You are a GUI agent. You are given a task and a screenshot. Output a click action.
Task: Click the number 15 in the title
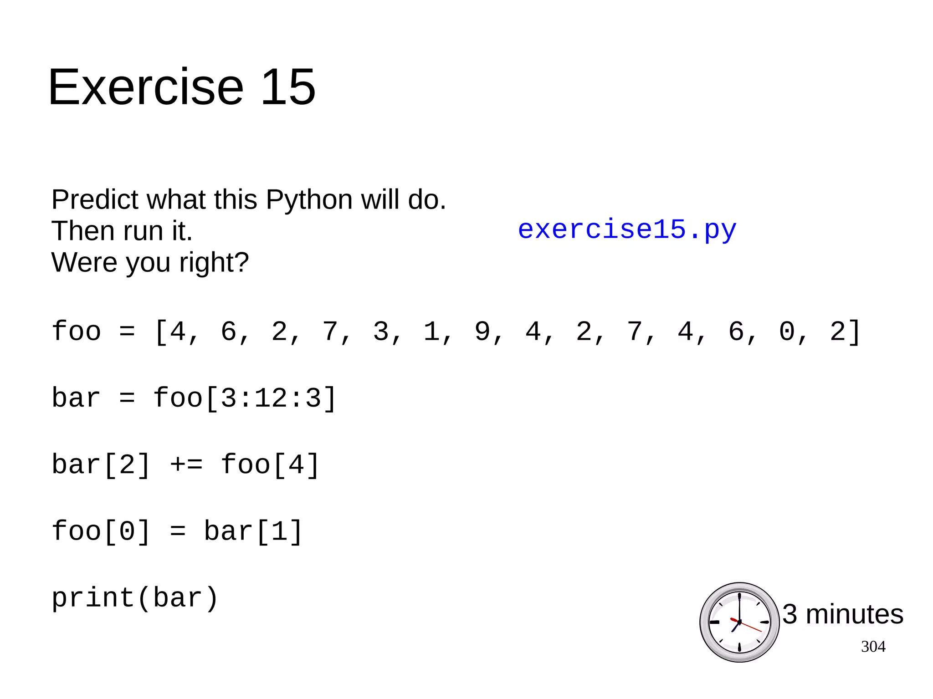[287, 87]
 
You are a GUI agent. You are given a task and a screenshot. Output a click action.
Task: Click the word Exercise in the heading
[146, 87]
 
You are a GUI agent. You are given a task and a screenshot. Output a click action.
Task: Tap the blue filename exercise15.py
[627, 230]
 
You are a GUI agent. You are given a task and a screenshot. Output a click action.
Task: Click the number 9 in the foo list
[482, 332]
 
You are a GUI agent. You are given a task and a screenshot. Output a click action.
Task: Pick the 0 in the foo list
[787, 332]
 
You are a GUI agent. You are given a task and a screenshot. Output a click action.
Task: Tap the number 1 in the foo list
[431, 332]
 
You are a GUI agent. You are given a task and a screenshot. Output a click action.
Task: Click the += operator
[186, 465]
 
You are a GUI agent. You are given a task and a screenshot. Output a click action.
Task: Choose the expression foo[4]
[270, 465]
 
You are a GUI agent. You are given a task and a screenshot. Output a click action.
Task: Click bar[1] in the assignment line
[253, 531]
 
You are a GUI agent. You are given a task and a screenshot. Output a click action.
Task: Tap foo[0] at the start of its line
[101, 531]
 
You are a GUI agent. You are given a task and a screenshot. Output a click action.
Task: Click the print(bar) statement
[135, 598]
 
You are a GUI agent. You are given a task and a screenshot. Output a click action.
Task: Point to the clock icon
[739, 622]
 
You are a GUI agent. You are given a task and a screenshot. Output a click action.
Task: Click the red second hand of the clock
[752, 628]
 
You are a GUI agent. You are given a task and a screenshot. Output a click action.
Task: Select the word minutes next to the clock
[855, 614]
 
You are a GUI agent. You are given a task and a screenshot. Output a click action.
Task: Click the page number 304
[873, 647]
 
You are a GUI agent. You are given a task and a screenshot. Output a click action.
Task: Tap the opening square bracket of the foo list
[161, 332]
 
